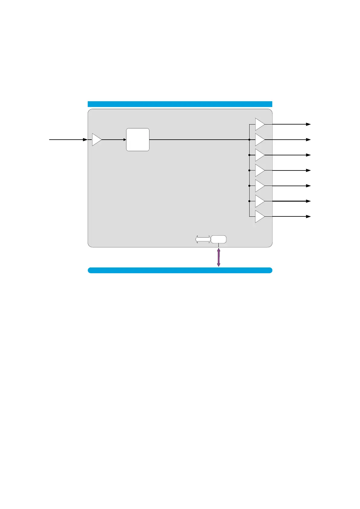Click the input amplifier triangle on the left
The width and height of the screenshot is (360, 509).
point(96,140)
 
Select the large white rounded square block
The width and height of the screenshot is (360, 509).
point(138,140)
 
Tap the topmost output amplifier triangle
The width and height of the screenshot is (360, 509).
point(259,124)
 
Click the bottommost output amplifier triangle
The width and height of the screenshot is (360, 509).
point(259,216)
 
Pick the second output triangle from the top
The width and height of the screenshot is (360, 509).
point(259,140)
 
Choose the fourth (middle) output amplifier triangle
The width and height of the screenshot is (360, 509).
point(259,170)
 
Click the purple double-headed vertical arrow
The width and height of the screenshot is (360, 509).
point(219,258)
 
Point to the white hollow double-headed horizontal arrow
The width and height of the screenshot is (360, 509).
point(203,239)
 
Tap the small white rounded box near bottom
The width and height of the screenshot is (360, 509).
point(218,239)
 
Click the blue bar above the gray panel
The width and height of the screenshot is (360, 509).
point(180,104)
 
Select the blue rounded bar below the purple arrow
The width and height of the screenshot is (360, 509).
point(180,270)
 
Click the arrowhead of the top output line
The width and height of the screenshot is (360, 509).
point(309,124)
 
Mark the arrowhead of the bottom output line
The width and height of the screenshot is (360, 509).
point(309,216)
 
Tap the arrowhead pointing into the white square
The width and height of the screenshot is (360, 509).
point(124,140)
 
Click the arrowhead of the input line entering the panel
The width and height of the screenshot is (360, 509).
point(85,140)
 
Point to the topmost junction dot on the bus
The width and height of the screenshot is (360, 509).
point(249,140)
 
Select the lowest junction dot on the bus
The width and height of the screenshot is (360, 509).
point(249,201)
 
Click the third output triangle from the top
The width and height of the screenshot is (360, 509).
point(259,155)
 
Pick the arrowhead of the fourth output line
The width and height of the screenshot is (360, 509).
point(309,170)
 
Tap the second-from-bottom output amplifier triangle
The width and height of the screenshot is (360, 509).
point(259,201)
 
